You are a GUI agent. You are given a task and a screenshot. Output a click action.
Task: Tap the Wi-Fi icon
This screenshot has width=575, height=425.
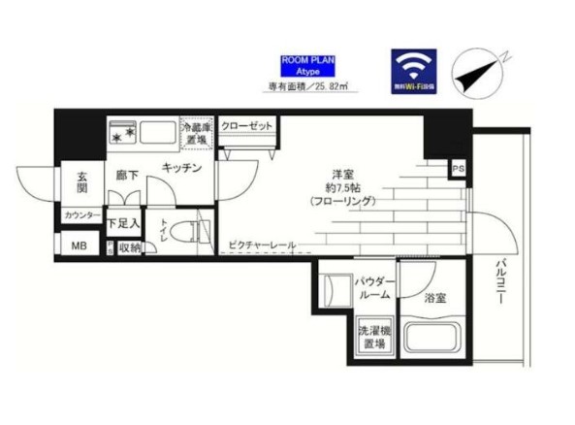pyautogui.click(x=413, y=69)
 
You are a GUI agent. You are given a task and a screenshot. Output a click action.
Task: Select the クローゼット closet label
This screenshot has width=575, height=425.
pyautogui.click(x=245, y=126)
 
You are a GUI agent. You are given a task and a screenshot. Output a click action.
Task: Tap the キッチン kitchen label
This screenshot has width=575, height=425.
pyautogui.click(x=181, y=168)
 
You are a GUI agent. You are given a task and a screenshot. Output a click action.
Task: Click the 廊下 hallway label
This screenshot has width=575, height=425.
pyautogui.click(x=128, y=176)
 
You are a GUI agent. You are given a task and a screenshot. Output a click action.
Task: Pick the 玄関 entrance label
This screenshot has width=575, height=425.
pyautogui.click(x=83, y=183)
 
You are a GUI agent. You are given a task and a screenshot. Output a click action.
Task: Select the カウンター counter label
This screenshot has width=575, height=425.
pyautogui.click(x=81, y=215)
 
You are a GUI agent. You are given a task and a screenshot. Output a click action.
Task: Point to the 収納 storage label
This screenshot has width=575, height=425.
pyautogui.click(x=130, y=247)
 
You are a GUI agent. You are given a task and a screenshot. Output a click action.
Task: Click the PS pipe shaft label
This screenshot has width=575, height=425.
pyautogui.click(x=457, y=172)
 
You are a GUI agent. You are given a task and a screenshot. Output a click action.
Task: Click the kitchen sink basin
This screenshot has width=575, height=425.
pyautogui.click(x=154, y=133)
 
